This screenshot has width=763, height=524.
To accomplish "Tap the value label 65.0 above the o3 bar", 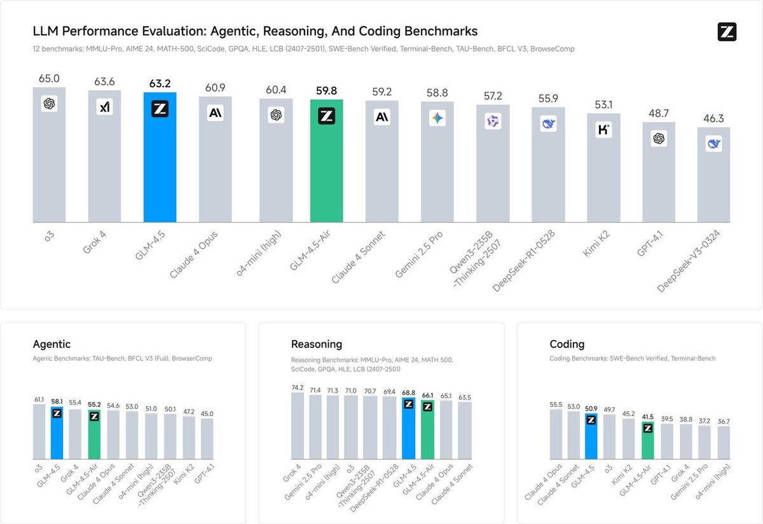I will tap(49, 79).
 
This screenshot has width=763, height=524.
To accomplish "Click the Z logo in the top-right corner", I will tap(727, 32).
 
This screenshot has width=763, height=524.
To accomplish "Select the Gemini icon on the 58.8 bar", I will tap(437, 118).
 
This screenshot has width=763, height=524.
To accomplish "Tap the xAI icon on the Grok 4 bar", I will tap(104, 107).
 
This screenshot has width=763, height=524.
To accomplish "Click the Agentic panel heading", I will tap(52, 345).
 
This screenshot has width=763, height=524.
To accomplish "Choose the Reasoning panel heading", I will tap(317, 345).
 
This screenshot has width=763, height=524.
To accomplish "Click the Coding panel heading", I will tap(567, 345).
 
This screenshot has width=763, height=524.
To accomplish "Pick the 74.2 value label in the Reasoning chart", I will tap(297, 387).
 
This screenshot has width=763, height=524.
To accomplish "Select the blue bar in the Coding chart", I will tap(591, 439).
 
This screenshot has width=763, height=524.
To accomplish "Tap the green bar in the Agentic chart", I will tap(94, 439).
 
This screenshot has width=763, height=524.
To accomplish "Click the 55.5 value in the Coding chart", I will tap(556, 404).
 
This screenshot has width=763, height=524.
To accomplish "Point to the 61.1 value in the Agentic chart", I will tap(39, 399).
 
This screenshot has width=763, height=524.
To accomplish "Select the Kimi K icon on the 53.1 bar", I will tap(603, 130).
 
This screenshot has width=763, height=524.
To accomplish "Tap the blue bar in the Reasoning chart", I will tap(408, 432).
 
